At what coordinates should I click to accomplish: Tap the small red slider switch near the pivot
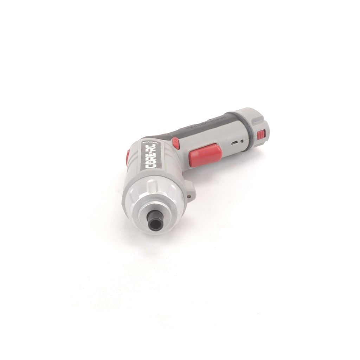coord(176,143)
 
